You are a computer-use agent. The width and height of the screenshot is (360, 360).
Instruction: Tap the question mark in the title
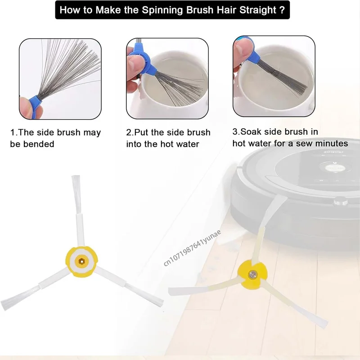coord(282,10)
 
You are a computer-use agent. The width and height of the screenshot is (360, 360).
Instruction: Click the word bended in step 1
coord(39,144)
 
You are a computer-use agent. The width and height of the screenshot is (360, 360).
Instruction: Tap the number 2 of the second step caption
coord(129,132)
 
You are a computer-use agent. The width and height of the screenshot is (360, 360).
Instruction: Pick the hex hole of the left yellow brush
coord(81,261)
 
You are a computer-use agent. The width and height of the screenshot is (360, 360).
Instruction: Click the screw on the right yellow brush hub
coord(252,274)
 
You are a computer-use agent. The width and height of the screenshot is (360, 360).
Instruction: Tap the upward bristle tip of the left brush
coord(76,176)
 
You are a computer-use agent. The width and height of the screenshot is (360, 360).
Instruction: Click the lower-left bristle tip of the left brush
coord(4,306)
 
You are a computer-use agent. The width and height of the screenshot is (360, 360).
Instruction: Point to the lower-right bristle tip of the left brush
coord(161,303)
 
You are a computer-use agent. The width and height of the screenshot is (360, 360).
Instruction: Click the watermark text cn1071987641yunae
coord(193,248)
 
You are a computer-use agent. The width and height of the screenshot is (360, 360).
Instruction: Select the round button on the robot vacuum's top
coord(334,167)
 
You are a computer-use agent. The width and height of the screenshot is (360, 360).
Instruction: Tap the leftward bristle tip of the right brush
coord(171,292)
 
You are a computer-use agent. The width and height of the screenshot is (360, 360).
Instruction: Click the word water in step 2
coord(188,144)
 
